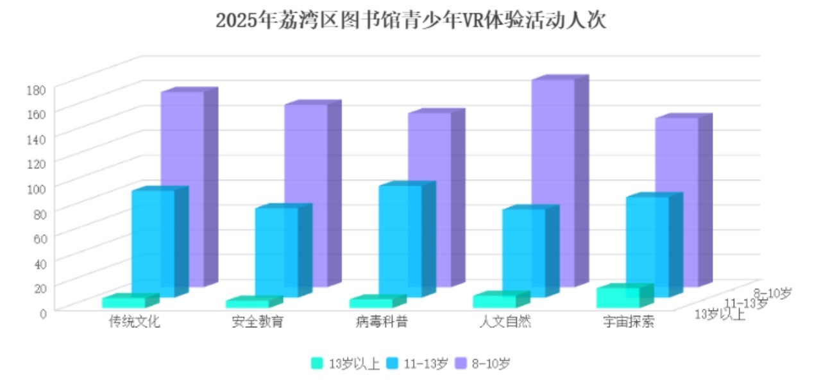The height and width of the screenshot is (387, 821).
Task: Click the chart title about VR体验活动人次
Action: pyautogui.click(x=410, y=21)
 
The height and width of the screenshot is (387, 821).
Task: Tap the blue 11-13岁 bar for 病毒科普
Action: pyautogui.click(x=400, y=241)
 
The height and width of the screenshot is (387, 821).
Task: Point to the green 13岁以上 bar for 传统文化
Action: pyautogui.click(x=123, y=302)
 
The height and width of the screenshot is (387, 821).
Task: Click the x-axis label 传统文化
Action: pyautogui.click(x=135, y=322)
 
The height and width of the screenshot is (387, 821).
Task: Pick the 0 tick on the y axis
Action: pyautogui.click(x=42, y=313)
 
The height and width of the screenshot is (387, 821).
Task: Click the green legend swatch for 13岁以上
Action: pyautogui.click(x=317, y=363)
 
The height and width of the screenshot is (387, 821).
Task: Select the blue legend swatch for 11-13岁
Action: pyautogui.click(x=393, y=363)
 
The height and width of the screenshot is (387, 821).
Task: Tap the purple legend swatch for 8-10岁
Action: pyautogui.click(x=460, y=363)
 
